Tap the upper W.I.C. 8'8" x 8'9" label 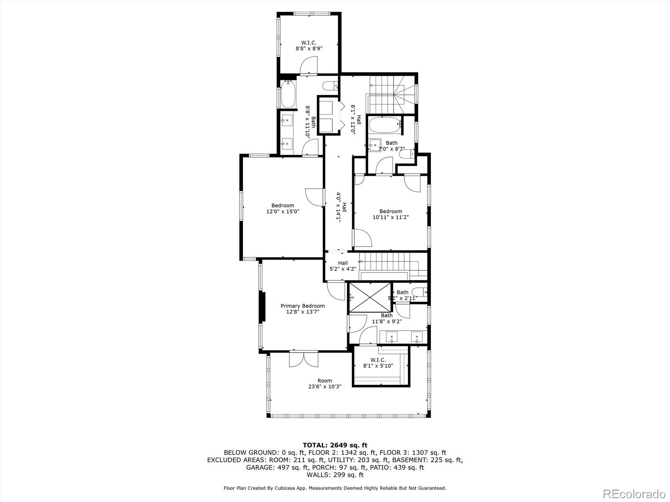click(x=309, y=45)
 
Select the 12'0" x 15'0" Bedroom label click(x=283, y=208)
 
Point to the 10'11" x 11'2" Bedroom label click(x=390, y=214)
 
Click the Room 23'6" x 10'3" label click(x=325, y=384)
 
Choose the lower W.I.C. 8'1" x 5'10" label click(x=378, y=363)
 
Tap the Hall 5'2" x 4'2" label click(x=343, y=266)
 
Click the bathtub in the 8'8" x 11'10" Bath click(x=289, y=94)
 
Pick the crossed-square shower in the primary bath click(x=370, y=297)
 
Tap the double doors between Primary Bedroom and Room click(x=304, y=359)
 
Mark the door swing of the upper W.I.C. click(x=309, y=66)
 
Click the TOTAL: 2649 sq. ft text click(x=335, y=445)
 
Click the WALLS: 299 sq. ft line click(x=335, y=475)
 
